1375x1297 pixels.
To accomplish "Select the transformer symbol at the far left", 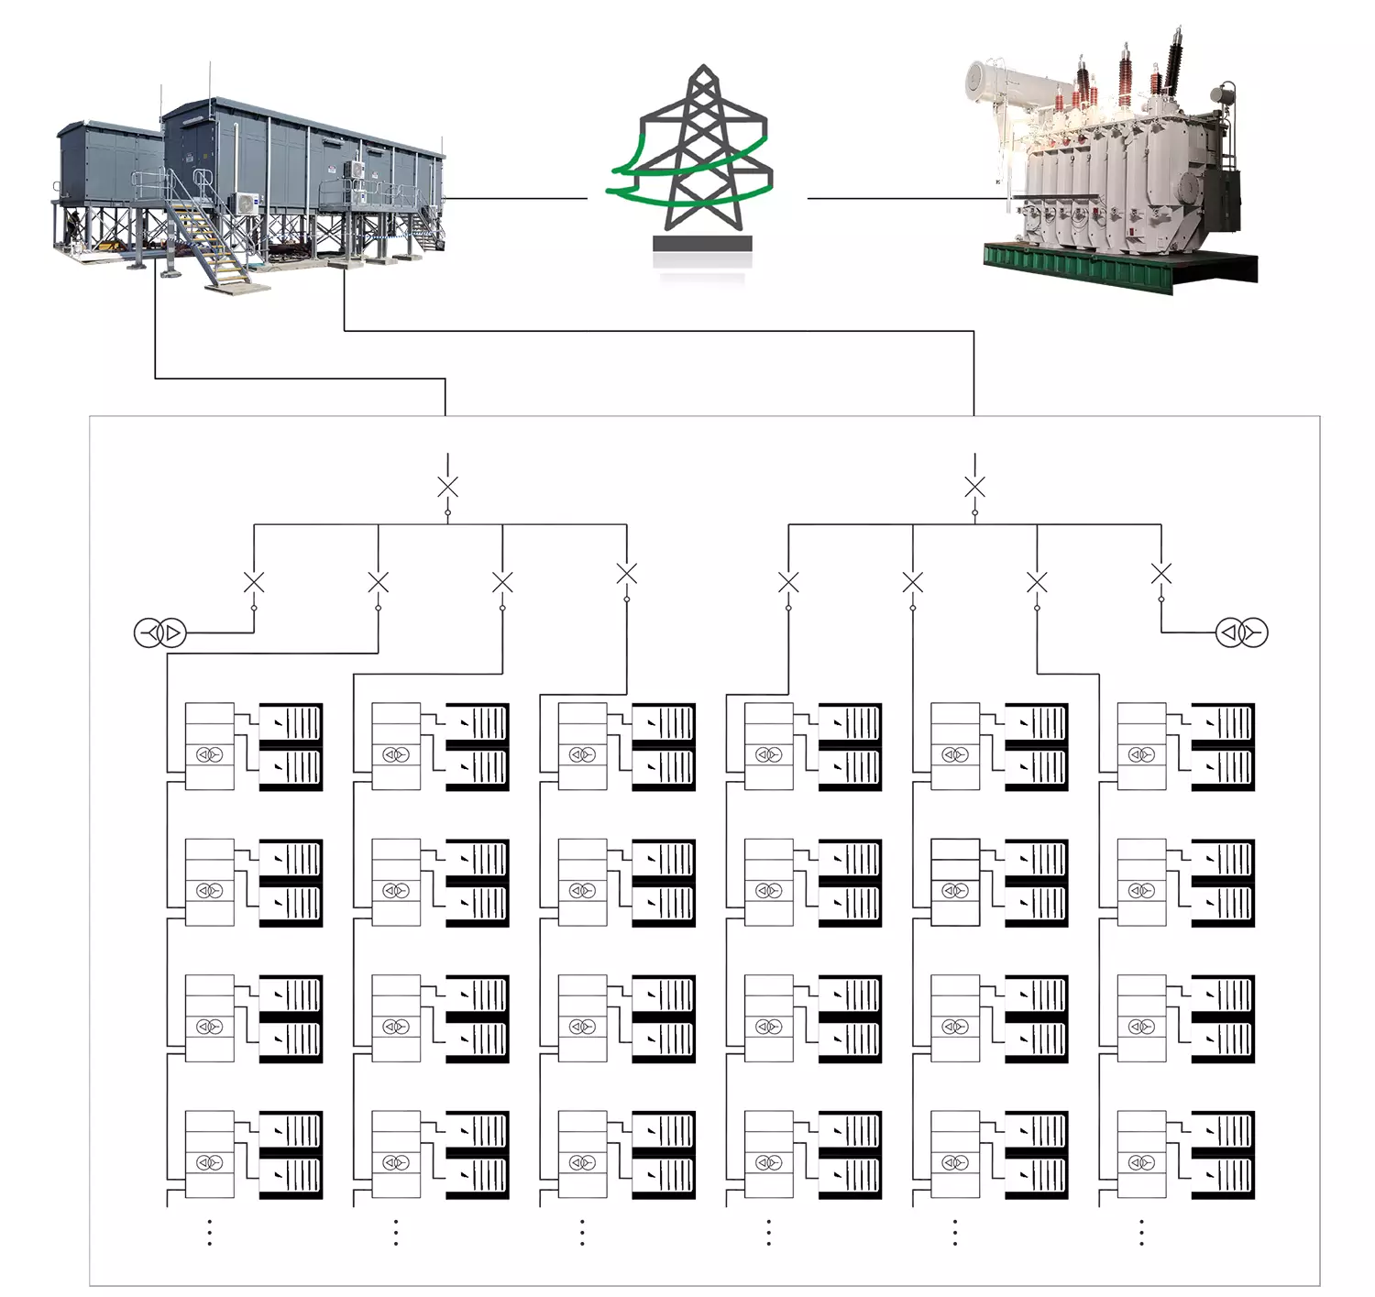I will pyautogui.click(x=160, y=632).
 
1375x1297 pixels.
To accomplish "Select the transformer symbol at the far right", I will pyautogui.click(x=1241, y=632).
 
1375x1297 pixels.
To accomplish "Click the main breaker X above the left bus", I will pyautogui.click(x=447, y=487).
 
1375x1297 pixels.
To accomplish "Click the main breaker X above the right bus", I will pyautogui.click(x=974, y=487).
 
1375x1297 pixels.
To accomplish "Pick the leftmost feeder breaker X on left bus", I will pyautogui.click(x=254, y=582).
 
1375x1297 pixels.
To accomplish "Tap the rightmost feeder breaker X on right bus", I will pyautogui.click(x=1160, y=574).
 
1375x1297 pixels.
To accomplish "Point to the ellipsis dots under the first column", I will pyautogui.click(x=210, y=1232).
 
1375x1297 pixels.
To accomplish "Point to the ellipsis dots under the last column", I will pyautogui.click(x=1141, y=1232).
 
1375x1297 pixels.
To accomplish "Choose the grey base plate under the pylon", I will pyautogui.click(x=702, y=244).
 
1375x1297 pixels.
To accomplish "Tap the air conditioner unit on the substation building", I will pyautogui.click(x=247, y=202).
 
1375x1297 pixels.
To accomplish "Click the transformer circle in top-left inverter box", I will pyautogui.click(x=210, y=755).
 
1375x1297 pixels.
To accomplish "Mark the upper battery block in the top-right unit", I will pyautogui.click(x=1223, y=722).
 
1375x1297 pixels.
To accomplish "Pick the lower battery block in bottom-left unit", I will pyautogui.click(x=291, y=1174).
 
